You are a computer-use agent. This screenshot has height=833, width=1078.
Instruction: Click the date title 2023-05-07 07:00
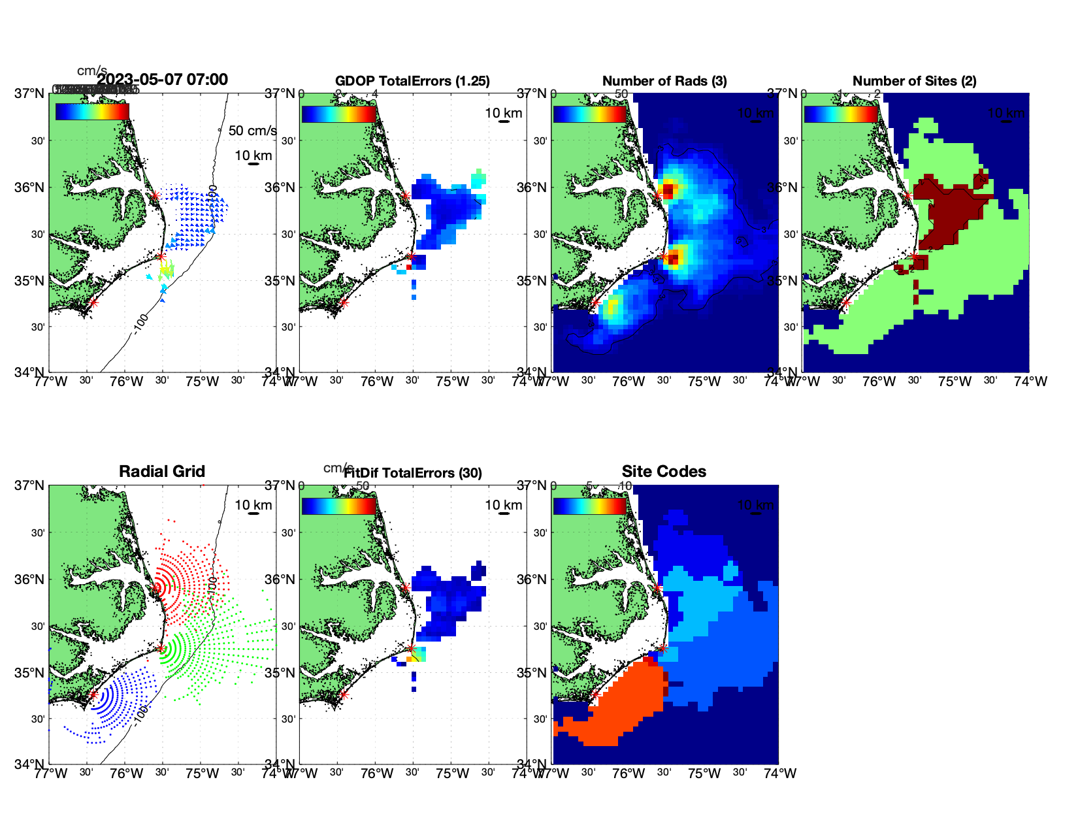pos(162,80)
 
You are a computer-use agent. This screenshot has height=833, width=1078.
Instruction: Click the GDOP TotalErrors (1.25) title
pos(412,81)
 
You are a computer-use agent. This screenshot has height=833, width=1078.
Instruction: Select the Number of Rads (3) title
pos(664,81)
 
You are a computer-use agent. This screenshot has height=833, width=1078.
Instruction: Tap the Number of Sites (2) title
pos(914,81)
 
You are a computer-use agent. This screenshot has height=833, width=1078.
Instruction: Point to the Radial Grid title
pos(162,472)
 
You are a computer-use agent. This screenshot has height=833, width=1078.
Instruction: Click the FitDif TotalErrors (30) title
pos(413,473)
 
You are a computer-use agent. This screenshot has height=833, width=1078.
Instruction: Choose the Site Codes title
pos(664,472)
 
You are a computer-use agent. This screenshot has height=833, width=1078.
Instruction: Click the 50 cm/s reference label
pos(252,131)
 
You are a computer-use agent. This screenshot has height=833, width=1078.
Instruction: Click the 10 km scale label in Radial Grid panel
pos(253,505)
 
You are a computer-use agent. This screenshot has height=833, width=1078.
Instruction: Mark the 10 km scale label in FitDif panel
pos(504,505)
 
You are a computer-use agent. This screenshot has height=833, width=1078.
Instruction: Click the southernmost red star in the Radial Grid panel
pos(93,694)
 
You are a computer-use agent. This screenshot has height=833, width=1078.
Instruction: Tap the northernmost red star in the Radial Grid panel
pos(155,588)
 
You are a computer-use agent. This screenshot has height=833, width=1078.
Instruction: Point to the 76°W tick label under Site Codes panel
pos(629,774)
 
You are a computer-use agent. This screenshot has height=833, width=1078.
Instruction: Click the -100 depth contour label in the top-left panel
pos(141,323)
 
